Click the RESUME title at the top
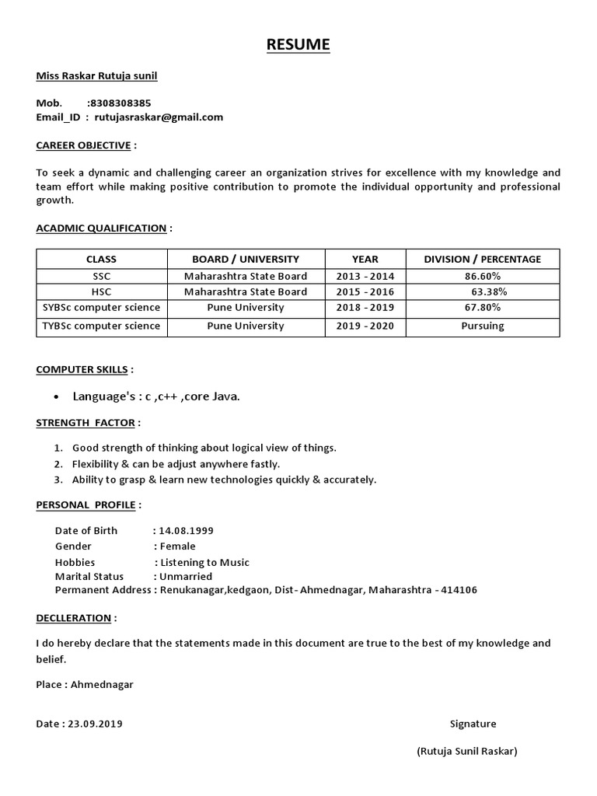[298, 45]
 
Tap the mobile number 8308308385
[120, 103]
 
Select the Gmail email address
[159, 117]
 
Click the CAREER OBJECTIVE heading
[84, 145]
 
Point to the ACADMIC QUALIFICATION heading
[101, 228]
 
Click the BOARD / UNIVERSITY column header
[246, 259]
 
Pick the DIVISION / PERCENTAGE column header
[482, 259]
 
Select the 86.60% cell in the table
[482, 276]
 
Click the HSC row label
[101, 292]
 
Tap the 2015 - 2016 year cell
[365, 292]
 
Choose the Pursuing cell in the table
[482, 326]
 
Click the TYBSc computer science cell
[101, 326]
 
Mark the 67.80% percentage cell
[482, 307]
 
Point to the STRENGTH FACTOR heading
[86, 423]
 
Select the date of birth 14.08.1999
[186, 530]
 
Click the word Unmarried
[185, 576]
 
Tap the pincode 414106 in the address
[459, 590]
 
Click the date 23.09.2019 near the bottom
[95, 724]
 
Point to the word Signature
[473, 724]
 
